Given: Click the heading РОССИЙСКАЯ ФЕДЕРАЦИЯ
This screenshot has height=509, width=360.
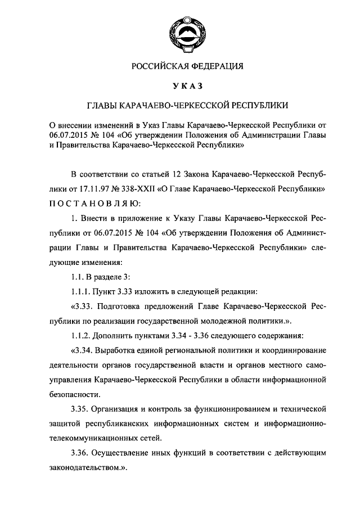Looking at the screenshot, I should coord(179,66).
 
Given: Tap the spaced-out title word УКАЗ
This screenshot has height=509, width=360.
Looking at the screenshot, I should coord(179,86).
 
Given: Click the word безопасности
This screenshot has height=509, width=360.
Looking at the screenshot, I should coord(69,394).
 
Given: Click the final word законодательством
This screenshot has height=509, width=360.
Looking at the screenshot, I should coord(91,467).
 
